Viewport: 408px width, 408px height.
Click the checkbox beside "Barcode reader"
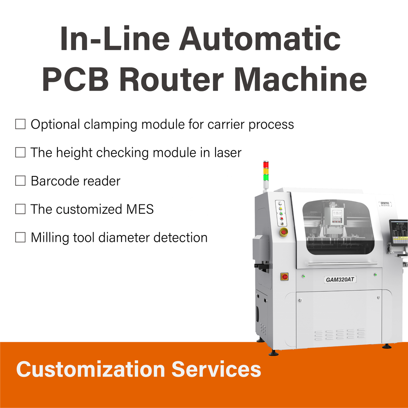(20, 181)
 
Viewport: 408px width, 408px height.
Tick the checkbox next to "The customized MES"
(20, 209)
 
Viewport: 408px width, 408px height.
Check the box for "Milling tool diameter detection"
(20, 238)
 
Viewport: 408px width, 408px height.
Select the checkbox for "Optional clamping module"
(20, 125)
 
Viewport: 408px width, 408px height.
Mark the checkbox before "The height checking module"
(20, 153)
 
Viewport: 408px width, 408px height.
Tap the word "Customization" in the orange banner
(90, 369)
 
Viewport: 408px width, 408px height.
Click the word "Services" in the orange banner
(216, 369)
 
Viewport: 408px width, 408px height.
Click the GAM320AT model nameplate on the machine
(340, 280)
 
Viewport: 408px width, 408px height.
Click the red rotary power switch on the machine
(284, 277)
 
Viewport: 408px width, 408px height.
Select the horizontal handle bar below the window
(342, 263)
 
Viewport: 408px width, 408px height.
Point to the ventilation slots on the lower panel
(340, 334)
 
